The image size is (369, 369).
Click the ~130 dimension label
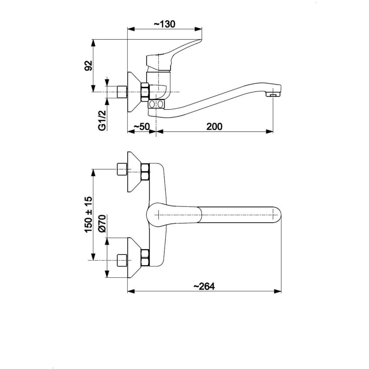point(164,24)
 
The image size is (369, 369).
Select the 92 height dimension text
point(89,66)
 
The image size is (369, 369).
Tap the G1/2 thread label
point(102,120)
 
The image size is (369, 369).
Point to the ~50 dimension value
point(142,127)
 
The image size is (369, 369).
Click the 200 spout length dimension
point(214,127)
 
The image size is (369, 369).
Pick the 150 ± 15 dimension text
point(89,214)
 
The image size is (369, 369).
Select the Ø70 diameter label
point(102,223)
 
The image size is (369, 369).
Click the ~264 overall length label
point(204,286)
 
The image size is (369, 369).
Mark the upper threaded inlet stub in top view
point(122,169)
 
